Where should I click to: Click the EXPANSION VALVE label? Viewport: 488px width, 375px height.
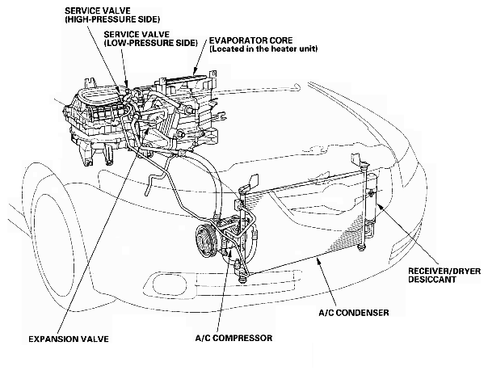pyautogui.click(x=69, y=339)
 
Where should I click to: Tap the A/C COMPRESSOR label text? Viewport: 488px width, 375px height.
pyautogui.click(x=233, y=338)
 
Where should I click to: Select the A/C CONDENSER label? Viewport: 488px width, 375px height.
pyautogui.click(x=354, y=313)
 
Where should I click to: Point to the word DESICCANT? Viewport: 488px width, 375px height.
pyautogui.click(x=432, y=279)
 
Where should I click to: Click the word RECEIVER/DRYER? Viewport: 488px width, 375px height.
pyautogui.click(x=444, y=271)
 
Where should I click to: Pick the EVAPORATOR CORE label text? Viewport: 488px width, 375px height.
pyautogui.click(x=250, y=40)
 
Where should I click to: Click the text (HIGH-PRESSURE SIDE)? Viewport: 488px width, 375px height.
pyautogui.click(x=112, y=19)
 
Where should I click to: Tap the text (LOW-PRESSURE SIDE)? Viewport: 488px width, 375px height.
pyautogui.click(x=150, y=43)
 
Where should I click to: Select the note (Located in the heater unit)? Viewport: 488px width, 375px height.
pyautogui.click(x=263, y=48)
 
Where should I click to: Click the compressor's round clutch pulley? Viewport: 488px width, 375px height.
pyautogui.click(x=207, y=240)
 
